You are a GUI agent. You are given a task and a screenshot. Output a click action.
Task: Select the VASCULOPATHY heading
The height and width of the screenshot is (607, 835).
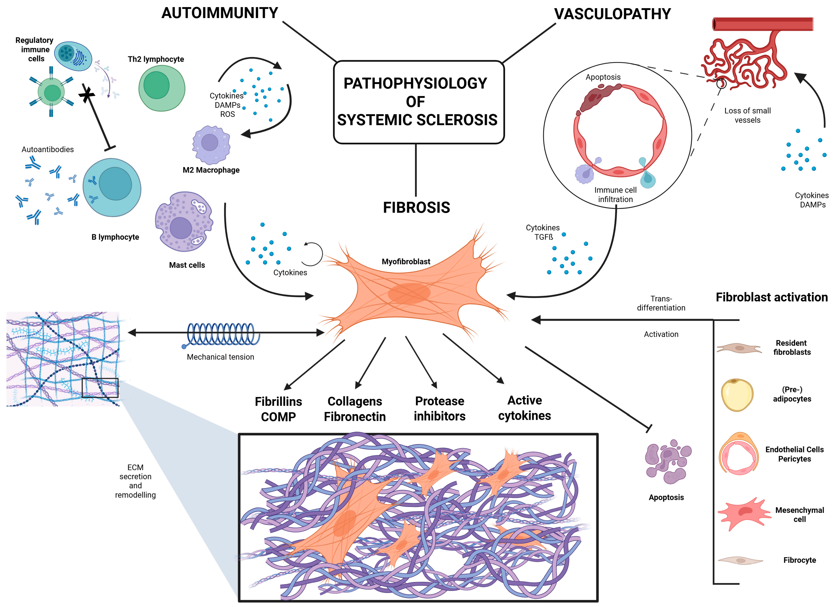(x=612, y=14)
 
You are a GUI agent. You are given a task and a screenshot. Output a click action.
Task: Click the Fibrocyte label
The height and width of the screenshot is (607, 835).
(x=799, y=560)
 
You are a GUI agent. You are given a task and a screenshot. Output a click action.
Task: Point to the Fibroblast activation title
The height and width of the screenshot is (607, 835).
(x=771, y=297)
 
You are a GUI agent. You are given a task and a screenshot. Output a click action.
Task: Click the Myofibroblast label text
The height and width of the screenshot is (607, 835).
(x=406, y=261)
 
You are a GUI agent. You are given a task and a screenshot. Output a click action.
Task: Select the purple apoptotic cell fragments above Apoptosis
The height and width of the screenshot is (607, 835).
(x=667, y=461)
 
